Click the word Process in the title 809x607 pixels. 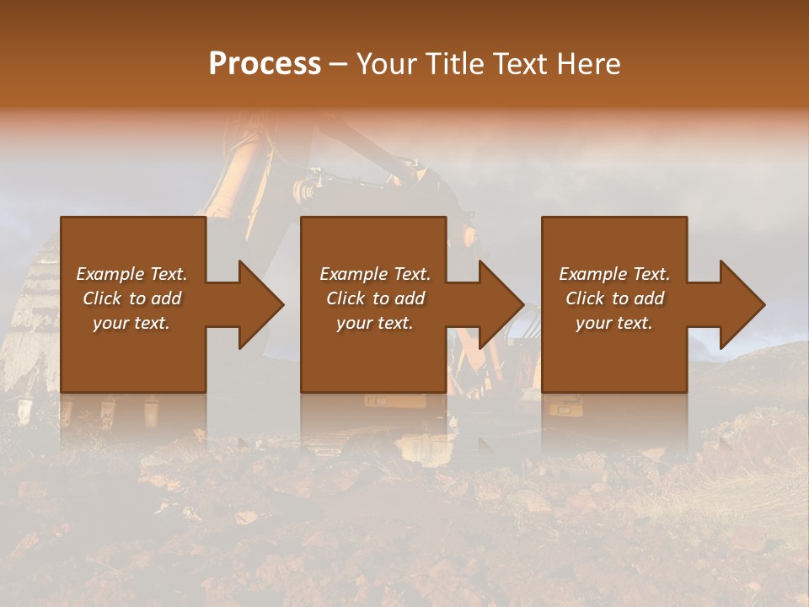[x=265, y=64]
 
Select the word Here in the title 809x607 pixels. [x=591, y=64]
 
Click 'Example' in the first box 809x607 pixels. [x=110, y=274]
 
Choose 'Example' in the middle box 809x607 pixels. [x=352, y=274]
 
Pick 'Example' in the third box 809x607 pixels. [x=592, y=274]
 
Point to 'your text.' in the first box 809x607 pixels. [x=131, y=323]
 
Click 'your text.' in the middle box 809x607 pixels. [x=374, y=323]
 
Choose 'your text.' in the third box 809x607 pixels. [x=613, y=323]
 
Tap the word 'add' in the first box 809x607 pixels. [x=166, y=298]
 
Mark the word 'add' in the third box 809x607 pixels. [x=650, y=298]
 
